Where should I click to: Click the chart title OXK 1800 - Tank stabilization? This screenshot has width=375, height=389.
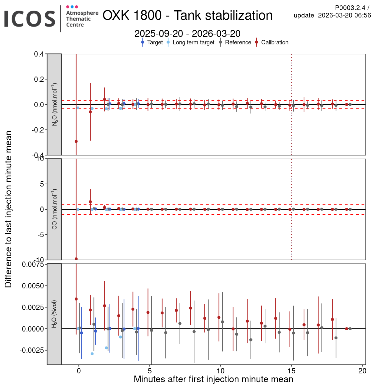pos(187,15)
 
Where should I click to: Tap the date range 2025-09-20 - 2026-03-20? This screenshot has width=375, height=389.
pos(187,33)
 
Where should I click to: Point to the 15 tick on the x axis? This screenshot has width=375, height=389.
pos(292,371)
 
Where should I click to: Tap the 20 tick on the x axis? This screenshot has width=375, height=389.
pos(362,371)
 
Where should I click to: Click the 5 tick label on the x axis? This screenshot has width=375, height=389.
pos(150,371)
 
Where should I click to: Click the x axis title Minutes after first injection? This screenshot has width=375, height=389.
pos(213,379)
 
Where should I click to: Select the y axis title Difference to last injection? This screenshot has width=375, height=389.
pos(8,209)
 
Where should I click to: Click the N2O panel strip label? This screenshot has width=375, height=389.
pos(54,104)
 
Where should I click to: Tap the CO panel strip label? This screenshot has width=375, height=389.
pos(54,209)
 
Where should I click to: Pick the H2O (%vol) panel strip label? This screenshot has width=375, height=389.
pos(54,314)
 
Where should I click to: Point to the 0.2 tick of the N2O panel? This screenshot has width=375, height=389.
pos(39,79)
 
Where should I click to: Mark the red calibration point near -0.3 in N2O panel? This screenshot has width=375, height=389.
pos(76,142)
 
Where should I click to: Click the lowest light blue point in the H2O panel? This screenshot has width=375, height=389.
pos(92,354)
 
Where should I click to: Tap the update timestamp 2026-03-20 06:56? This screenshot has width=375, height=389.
pos(344,15)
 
